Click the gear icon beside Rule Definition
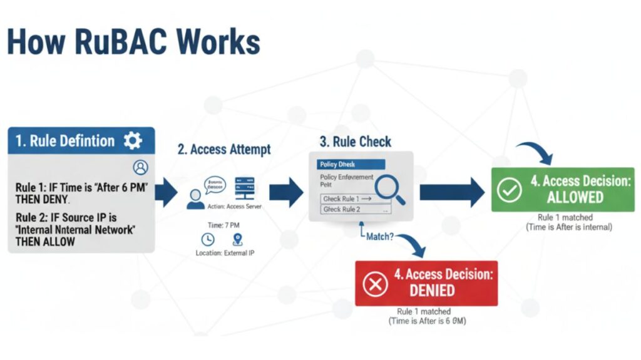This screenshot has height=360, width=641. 133,140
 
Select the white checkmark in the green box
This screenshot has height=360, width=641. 510,189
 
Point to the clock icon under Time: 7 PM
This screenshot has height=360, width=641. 208,239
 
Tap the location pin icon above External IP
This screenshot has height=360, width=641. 237,239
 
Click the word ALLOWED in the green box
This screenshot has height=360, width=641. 575,197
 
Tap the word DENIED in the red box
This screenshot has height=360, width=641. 432,291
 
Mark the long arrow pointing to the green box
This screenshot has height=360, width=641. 451,192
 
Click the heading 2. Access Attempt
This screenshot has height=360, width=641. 223,149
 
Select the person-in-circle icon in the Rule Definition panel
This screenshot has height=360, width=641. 141,167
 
